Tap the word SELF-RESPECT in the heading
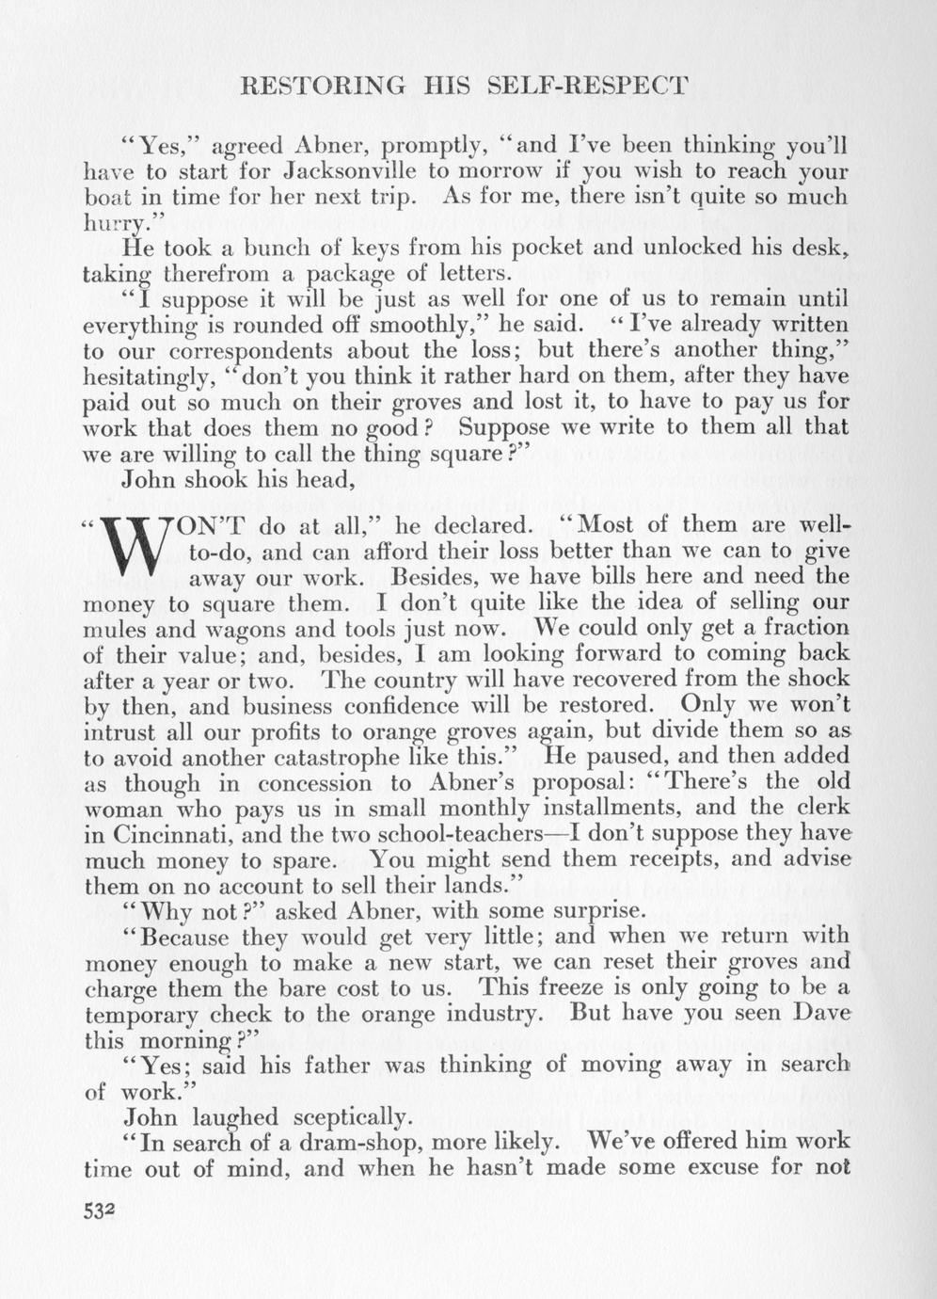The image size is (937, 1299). point(592,87)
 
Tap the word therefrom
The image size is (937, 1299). point(203,275)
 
